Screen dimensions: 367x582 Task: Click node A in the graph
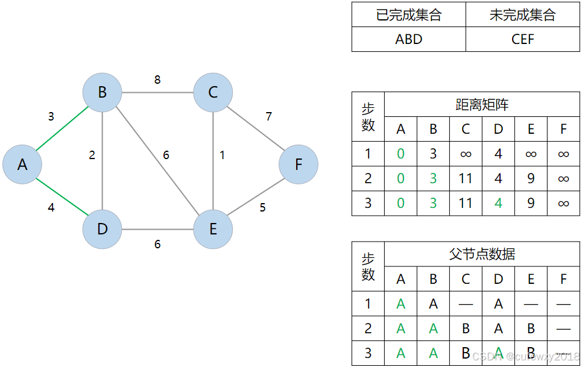coord(22,164)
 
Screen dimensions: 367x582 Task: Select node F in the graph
coord(299,164)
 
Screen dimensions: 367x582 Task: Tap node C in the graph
coord(213,93)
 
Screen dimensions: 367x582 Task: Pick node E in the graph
coord(213,229)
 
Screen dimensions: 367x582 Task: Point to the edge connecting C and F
coord(256,128)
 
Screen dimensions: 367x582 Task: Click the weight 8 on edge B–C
coord(157,80)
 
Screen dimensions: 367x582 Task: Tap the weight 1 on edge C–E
coord(222,155)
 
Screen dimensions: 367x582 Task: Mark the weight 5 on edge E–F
coord(262,208)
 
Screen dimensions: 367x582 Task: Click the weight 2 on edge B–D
coord(92,155)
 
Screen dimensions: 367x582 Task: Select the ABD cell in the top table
coord(408,40)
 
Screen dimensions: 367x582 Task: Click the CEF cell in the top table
coord(522,40)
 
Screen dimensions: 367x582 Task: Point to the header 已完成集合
coord(408,15)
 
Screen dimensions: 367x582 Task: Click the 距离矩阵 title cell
coord(482,104)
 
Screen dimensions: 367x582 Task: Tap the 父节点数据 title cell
coord(482,254)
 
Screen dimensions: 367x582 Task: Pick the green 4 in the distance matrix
coord(498,203)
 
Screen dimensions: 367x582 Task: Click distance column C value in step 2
coord(466,178)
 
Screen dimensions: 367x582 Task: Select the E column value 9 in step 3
coord(531,203)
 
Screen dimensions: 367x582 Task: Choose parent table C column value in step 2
coord(466,328)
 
